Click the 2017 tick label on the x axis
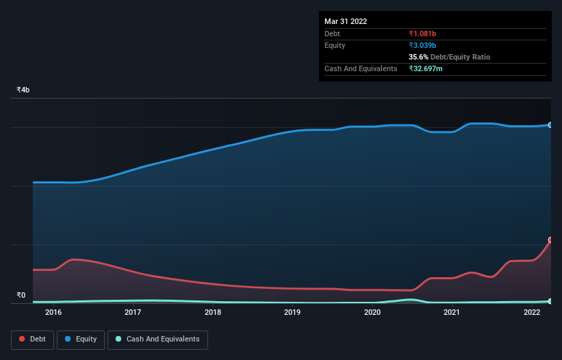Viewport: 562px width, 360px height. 133,313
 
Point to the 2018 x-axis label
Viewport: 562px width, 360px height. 213,313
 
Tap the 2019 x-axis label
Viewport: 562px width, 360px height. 292,313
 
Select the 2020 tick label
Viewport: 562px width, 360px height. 372,313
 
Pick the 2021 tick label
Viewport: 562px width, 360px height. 452,313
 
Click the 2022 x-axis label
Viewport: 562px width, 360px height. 532,313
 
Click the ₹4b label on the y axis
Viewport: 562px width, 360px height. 23,90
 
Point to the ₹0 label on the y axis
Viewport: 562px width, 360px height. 21,296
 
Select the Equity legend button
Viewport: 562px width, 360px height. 81,339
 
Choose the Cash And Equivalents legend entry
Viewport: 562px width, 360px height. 157,339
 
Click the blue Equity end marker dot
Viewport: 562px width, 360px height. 550,125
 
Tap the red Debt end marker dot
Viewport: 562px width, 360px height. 550,240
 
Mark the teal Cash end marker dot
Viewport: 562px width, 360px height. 550,301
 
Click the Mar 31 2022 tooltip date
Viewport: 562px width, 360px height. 346,21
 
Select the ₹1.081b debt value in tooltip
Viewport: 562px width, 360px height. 422,34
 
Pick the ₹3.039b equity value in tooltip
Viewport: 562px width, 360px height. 422,45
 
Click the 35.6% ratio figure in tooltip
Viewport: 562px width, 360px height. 418,57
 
